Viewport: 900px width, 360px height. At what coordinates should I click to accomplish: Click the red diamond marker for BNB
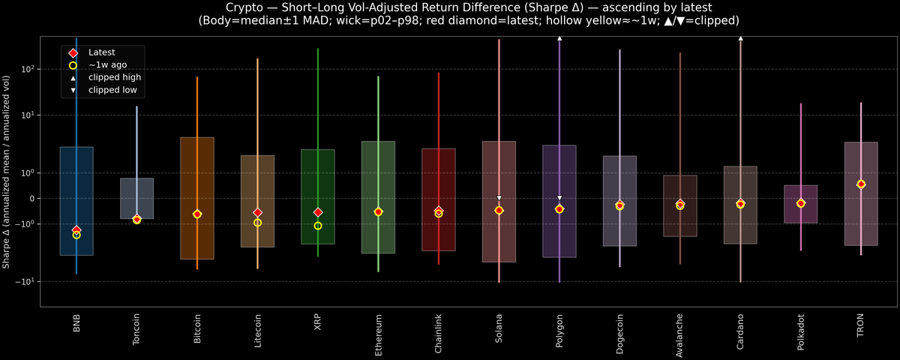pos(76,229)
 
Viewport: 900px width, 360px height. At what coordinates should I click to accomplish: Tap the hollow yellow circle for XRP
pos(318,226)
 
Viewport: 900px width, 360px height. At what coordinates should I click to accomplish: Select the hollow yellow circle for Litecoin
pos(257,223)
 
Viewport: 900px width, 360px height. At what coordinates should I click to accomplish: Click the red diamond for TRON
pos(861,184)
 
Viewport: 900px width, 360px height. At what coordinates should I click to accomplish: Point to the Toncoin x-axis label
pos(136,330)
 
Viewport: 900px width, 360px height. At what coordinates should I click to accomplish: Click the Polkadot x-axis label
pos(801,331)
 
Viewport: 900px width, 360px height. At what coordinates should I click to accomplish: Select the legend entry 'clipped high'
pos(114,77)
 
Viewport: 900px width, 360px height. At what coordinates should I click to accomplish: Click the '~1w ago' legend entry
pos(107,65)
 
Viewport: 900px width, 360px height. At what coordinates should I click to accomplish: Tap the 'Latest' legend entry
pos(102,52)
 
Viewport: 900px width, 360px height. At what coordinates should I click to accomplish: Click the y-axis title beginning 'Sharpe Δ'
pos(7,172)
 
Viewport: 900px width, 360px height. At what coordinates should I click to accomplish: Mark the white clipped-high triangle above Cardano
pos(740,37)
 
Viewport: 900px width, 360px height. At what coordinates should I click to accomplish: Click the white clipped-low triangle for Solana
pos(499,198)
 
